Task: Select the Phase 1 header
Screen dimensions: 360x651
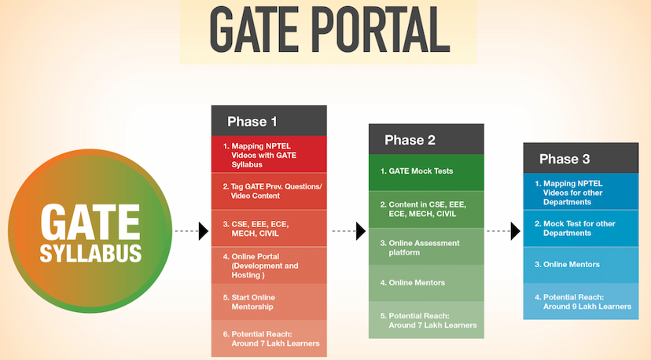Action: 269,121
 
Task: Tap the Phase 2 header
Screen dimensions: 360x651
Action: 426,140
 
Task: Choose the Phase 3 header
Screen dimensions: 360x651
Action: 581,159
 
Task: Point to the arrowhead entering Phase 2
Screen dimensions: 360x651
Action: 361,231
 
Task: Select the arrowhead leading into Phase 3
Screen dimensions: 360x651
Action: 516,231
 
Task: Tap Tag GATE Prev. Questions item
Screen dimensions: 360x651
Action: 269,191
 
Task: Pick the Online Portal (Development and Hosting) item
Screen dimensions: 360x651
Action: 269,265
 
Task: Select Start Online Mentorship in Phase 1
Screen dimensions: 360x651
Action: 269,302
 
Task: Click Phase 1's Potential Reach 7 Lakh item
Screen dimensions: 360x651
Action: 269,339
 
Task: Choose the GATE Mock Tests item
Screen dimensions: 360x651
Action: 426,171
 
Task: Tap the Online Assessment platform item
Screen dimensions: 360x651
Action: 426,248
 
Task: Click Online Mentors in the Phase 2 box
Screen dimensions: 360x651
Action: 426,282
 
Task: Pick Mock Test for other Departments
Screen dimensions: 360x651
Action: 581,228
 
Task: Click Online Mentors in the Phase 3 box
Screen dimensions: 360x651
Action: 581,265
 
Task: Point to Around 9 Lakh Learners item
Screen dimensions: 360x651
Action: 581,302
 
